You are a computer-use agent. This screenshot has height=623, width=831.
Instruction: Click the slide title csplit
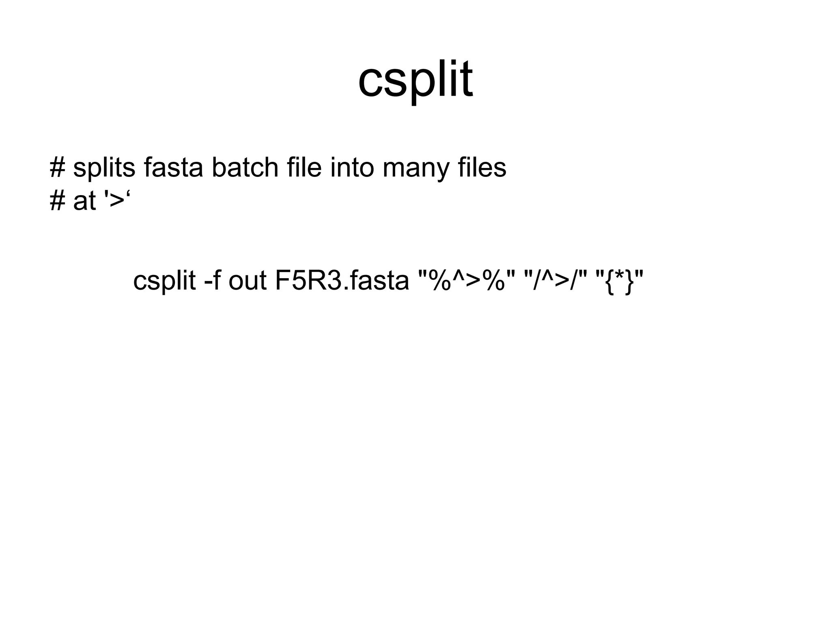[415, 79]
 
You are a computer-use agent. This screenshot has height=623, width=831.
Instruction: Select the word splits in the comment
[104, 168]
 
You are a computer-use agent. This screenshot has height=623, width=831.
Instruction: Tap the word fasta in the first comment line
[173, 168]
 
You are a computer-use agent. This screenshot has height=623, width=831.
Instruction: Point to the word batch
[245, 168]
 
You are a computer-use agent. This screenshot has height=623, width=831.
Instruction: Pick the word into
[352, 168]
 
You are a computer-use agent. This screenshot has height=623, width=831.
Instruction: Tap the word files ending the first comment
[482, 168]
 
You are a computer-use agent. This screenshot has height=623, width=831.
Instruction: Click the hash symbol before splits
[57, 168]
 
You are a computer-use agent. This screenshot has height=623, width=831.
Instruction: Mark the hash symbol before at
[57, 201]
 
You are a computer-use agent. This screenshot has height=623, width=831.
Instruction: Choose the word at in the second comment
[84, 201]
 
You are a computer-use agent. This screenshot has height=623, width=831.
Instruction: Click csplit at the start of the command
[164, 281]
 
